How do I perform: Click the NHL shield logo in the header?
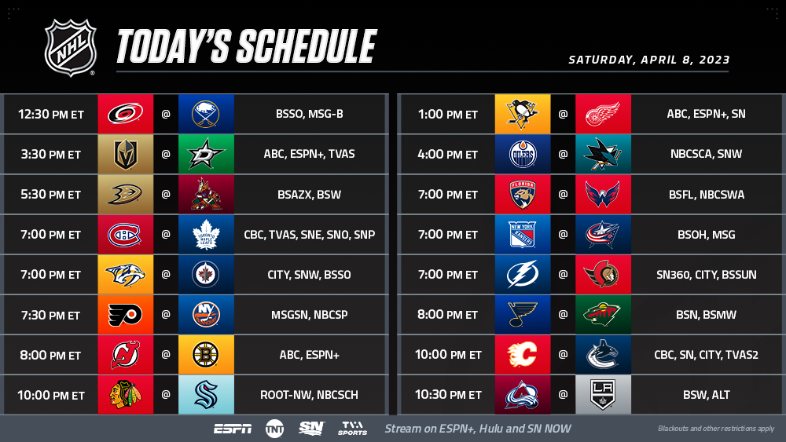70,48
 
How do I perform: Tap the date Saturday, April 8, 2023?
648,60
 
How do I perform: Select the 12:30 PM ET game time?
50,114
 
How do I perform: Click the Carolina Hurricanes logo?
125,114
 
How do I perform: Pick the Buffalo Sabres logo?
205,114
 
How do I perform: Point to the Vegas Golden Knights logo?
125,154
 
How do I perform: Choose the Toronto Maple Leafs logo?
206,235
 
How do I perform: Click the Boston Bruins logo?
205,355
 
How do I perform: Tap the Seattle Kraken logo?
205,395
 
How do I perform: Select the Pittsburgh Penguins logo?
523,114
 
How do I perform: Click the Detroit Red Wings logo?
603,114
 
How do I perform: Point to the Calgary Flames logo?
523,354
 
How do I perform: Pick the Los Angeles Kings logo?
603,395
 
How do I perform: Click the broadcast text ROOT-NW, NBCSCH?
309,395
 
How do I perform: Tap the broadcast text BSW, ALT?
707,395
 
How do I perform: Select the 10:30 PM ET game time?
448,395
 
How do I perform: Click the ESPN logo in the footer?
233,429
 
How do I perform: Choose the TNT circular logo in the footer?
274,429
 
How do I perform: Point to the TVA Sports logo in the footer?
352,429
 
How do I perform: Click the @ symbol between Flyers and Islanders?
166,314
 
